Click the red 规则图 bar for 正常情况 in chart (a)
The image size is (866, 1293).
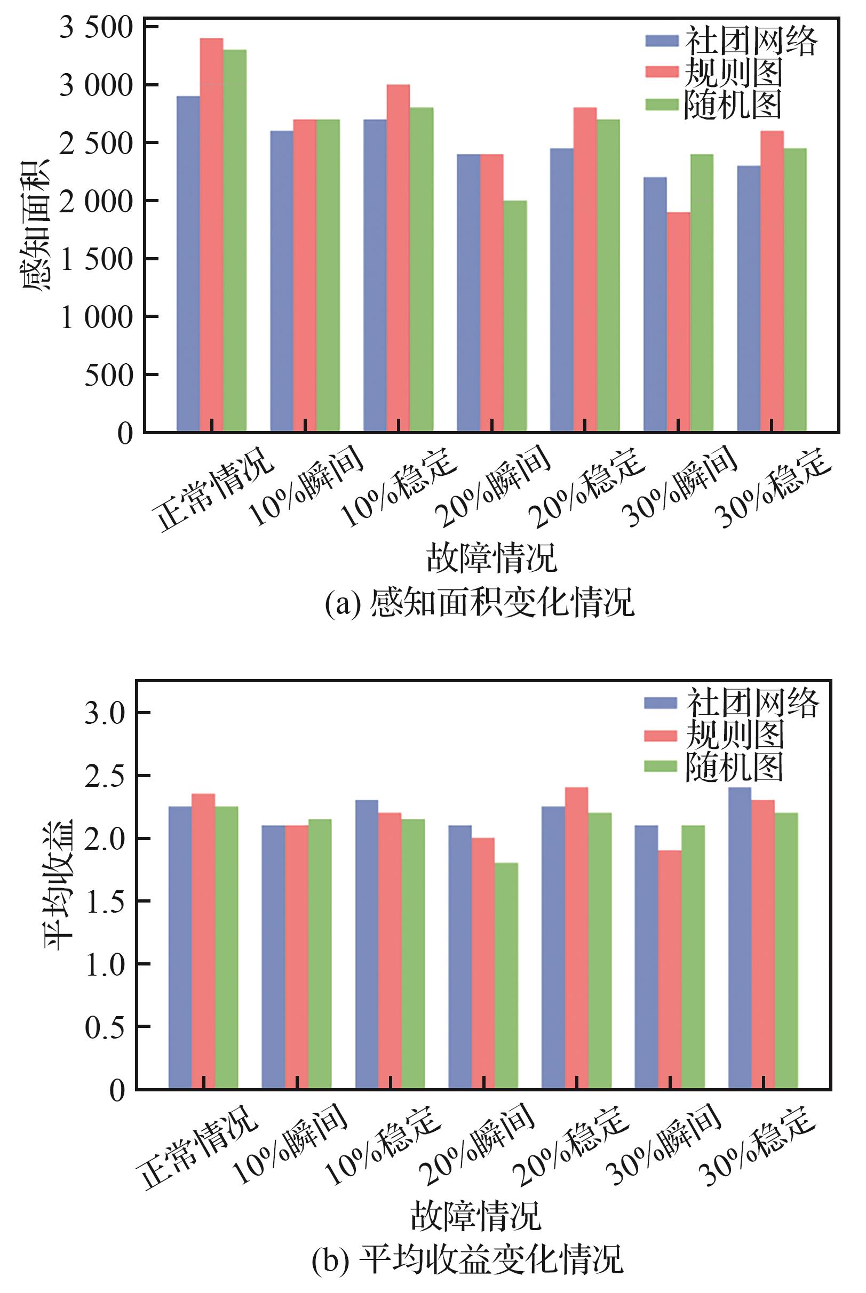211,235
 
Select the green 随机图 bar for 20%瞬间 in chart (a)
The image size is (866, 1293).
515,316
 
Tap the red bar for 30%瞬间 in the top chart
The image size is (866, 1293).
678,321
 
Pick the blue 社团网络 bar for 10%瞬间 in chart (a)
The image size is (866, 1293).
282,281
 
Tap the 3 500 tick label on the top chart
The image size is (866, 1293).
97,27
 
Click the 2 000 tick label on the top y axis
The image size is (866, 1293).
97,201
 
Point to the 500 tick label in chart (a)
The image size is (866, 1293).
109,375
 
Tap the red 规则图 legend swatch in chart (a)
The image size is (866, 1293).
662,72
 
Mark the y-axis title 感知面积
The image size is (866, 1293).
34,225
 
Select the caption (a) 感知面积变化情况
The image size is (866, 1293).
479,602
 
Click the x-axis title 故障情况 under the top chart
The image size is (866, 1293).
491,557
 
